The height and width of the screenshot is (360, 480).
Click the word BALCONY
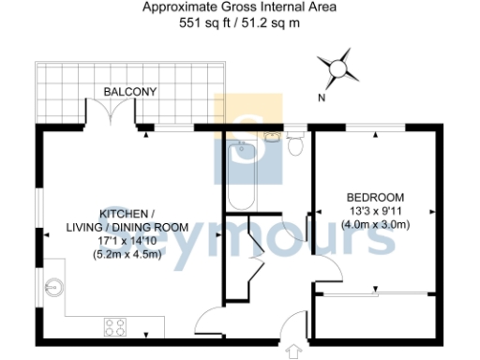click(131, 91)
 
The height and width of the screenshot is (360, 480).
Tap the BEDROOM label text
click(376, 197)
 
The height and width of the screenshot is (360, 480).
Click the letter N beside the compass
click(322, 97)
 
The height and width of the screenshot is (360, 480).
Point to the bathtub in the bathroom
click(241, 173)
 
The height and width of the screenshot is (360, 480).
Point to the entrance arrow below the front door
click(296, 352)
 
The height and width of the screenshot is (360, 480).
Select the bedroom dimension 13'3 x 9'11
click(376, 211)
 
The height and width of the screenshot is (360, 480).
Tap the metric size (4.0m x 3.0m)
click(376, 225)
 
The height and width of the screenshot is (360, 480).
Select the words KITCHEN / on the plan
click(127, 213)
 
